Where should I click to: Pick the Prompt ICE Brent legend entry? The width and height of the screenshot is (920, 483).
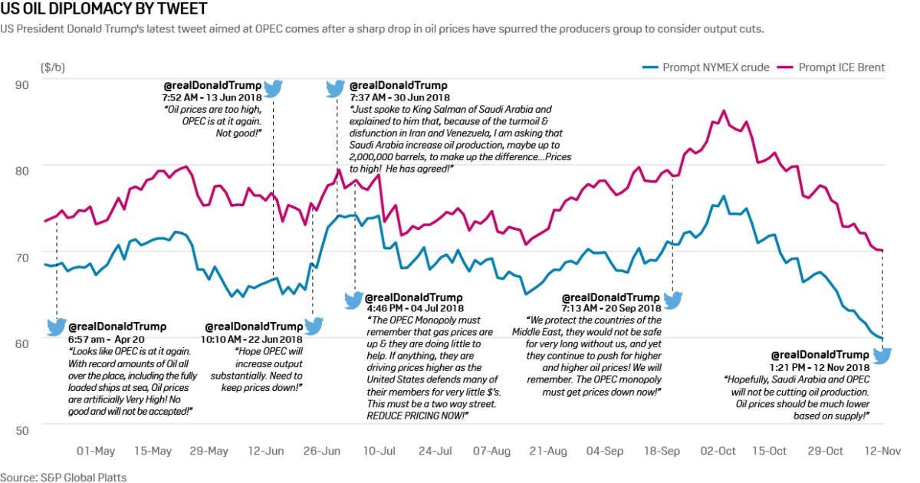pyautogui.click(x=841, y=67)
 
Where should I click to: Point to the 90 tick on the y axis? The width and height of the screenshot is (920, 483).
pyautogui.click(x=21, y=84)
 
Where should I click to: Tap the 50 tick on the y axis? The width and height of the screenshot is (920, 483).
pyautogui.click(x=21, y=429)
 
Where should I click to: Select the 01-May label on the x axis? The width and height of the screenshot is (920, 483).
pyautogui.click(x=96, y=451)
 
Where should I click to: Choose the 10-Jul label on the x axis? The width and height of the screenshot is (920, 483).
pyautogui.click(x=377, y=451)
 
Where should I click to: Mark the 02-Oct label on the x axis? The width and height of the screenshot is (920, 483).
pyautogui.click(x=718, y=451)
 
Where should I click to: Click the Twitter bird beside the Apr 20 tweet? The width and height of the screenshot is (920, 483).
pyautogui.click(x=57, y=327)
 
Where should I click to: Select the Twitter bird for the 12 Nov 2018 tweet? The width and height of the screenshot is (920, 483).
pyautogui.click(x=882, y=356)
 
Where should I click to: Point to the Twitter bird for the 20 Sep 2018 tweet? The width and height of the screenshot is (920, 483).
pyautogui.click(x=672, y=300)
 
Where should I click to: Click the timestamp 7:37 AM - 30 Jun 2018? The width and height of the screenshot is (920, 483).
pyautogui.click(x=399, y=97)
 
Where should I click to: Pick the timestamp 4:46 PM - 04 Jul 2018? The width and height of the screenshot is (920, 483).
pyautogui.click(x=414, y=308)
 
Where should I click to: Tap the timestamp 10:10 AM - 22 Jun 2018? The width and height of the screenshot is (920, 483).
pyautogui.click(x=251, y=338)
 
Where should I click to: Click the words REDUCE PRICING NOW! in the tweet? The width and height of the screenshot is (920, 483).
pyautogui.click(x=418, y=415)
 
